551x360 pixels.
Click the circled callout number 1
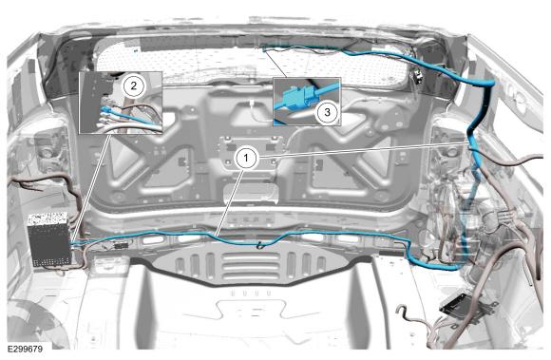click(x=246, y=158)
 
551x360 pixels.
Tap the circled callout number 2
click(x=133, y=85)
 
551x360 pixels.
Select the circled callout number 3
click(x=327, y=112)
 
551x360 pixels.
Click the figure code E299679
click(x=25, y=349)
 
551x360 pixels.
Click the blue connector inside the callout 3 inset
click(x=296, y=98)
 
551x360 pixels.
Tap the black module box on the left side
click(x=49, y=238)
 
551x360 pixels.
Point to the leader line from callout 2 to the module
click(x=91, y=188)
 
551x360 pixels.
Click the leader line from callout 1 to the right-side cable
click(x=363, y=149)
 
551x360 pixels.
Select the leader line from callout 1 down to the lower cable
click(x=230, y=202)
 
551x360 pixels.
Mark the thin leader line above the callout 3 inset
click(x=276, y=64)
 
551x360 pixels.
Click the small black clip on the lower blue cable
click(x=260, y=245)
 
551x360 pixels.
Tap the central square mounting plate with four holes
click(x=246, y=151)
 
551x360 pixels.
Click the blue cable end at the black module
click(x=72, y=243)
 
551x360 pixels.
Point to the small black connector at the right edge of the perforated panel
click(x=417, y=77)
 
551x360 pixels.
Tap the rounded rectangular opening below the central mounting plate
click(x=250, y=193)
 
